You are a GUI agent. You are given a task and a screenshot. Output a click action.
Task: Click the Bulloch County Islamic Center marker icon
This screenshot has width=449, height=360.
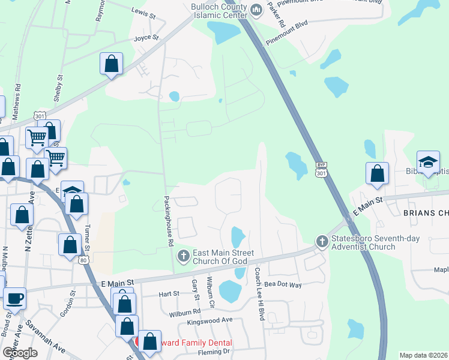pos(256,10)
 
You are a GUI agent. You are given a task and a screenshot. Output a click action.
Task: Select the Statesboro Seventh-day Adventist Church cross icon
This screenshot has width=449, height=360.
pos(322,241)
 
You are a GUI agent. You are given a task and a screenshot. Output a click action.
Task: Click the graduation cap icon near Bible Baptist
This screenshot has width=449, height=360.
pos(428,161)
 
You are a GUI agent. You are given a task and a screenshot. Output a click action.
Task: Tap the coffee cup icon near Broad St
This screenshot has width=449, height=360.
pos(14,298)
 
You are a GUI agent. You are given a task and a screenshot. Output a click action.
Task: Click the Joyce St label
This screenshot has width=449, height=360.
pos(146,38)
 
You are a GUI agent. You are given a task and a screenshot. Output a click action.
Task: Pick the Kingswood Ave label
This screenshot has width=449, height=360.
pos(209,320)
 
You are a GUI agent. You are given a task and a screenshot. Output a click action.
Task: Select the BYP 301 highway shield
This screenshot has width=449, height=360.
pos(321,169)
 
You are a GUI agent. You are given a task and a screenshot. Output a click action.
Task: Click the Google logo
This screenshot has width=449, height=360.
pos(20,352)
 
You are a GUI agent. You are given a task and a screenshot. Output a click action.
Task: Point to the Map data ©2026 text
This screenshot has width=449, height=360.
pos(423,355)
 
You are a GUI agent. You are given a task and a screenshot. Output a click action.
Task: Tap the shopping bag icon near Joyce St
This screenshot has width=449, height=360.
pos(112,63)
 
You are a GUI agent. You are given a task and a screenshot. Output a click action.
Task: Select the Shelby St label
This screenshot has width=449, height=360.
pos(58,89)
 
